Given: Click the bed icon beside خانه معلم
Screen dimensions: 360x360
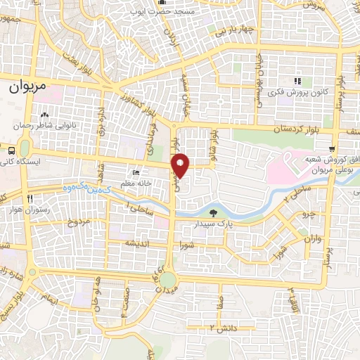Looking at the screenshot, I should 136,173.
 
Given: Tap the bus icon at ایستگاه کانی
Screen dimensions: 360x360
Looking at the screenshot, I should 12,150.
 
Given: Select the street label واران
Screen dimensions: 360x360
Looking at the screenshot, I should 313,240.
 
